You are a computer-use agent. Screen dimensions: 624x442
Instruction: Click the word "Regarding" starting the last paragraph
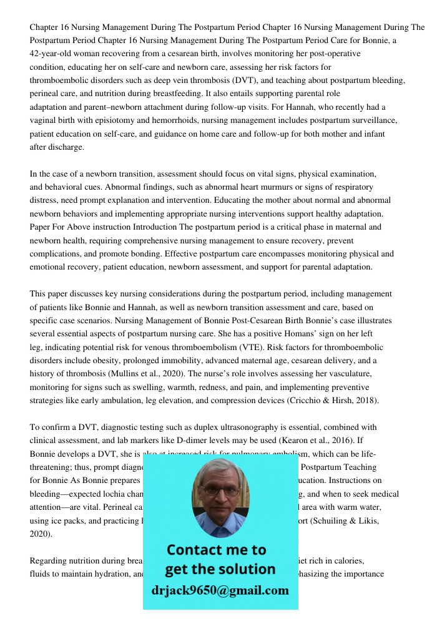(x=47, y=561)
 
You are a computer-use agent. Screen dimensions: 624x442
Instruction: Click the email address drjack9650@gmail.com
(x=220, y=590)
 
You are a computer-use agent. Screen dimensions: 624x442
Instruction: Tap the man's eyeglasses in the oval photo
(x=220, y=490)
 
